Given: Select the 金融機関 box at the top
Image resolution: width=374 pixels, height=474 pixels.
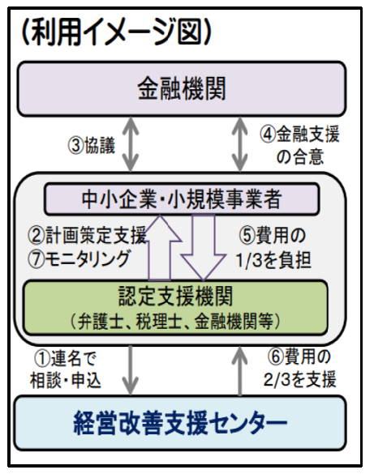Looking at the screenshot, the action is [182, 88].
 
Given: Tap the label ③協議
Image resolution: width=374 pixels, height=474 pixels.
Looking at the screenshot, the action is [92, 145].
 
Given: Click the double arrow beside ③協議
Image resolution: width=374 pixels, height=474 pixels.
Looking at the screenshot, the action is [131, 144].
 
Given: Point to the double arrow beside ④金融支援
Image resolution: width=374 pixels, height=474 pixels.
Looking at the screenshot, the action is [239, 144].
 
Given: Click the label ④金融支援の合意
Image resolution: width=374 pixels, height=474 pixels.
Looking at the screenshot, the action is [299, 145].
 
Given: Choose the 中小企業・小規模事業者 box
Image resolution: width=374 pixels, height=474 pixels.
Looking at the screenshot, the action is [182, 199].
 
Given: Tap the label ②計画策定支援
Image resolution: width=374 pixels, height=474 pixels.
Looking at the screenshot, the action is [87, 235].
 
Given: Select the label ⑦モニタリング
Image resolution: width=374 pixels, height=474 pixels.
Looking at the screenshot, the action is [79, 258].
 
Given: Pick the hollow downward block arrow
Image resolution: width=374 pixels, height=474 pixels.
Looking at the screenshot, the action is [204, 248].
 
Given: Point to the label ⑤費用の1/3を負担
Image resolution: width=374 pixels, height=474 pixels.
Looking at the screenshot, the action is [273, 248].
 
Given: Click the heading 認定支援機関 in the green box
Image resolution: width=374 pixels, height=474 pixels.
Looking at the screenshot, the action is [175, 296].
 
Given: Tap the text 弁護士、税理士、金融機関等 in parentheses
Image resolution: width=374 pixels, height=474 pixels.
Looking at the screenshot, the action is [175, 321].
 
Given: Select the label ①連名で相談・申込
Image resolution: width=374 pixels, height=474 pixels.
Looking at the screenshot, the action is [66, 369].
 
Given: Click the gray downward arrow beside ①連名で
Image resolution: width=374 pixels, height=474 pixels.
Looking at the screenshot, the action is [131, 370].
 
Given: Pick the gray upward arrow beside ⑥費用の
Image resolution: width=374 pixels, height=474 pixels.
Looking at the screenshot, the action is [240, 371].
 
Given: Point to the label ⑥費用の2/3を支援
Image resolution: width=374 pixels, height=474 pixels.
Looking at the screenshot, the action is [299, 368].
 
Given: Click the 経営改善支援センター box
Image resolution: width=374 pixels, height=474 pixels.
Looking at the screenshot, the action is [180, 423].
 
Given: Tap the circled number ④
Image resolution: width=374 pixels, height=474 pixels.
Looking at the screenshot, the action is [268, 135].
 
